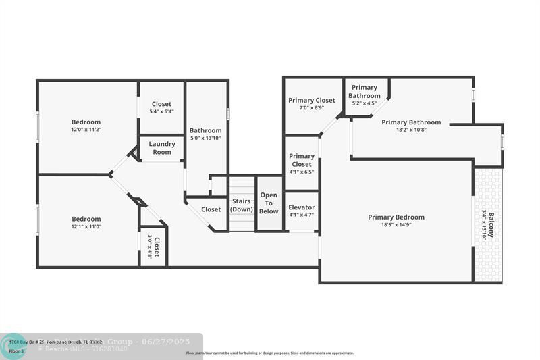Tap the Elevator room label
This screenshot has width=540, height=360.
(x=301, y=207)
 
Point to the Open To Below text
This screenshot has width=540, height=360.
(x=269, y=203)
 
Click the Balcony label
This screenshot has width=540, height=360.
(x=491, y=225)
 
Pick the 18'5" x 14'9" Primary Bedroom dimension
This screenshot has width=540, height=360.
(x=396, y=225)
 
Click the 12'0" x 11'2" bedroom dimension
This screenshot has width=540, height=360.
(x=86, y=130)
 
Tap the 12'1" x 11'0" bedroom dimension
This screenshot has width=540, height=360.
(x=86, y=226)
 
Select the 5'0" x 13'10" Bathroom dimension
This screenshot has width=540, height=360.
(x=205, y=138)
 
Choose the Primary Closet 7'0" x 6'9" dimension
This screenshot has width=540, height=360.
(x=311, y=107)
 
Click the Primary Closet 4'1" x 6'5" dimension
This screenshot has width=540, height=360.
(x=301, y=172)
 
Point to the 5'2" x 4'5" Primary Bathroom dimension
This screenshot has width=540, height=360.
(x=364, y=103)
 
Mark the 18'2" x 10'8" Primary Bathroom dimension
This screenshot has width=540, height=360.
(x=410, y=130)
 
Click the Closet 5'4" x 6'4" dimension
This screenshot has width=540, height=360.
(x=161, y=111)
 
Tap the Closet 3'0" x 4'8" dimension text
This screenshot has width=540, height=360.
(x=150, y=247)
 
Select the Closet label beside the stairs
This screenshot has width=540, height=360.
(x=211, y=209)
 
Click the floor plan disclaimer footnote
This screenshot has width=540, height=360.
(x=270, y=353)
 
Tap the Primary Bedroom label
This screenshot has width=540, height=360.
(x=396, y=217)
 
